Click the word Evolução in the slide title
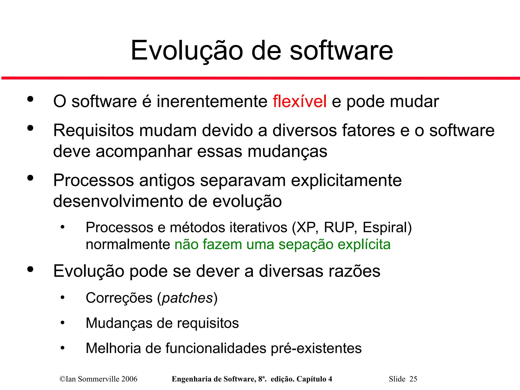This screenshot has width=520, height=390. (187, 51)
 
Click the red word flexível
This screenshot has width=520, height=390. (299, 101)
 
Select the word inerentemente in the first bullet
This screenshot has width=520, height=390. (212, 101)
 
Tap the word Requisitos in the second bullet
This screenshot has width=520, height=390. (93, 131)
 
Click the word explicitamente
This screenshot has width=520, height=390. (346, 181)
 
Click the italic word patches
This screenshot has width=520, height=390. (187, 298)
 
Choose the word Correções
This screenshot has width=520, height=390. (119, 298)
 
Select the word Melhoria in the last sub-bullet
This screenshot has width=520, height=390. (113, 348)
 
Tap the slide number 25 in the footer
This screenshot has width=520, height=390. (413, 379)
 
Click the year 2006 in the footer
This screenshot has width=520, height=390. (129, 379)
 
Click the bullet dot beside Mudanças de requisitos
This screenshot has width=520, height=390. (62, 323)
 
